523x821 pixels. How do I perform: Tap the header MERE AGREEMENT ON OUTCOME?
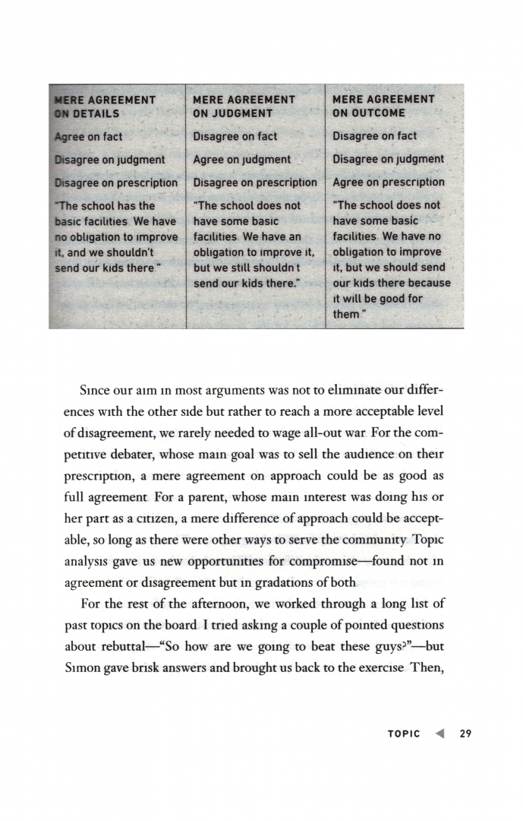[383, 106]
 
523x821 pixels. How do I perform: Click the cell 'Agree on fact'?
[90, 137]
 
